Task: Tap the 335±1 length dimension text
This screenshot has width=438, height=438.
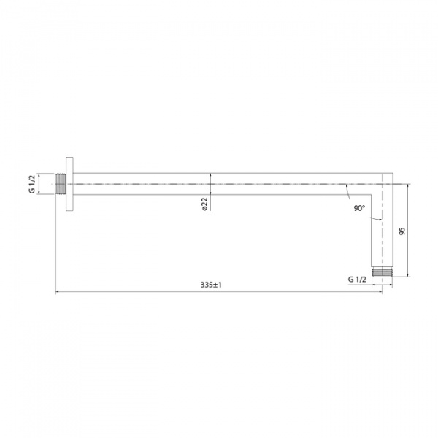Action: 210,285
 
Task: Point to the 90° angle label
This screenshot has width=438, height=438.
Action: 358,209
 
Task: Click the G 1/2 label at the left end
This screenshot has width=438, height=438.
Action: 32,182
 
